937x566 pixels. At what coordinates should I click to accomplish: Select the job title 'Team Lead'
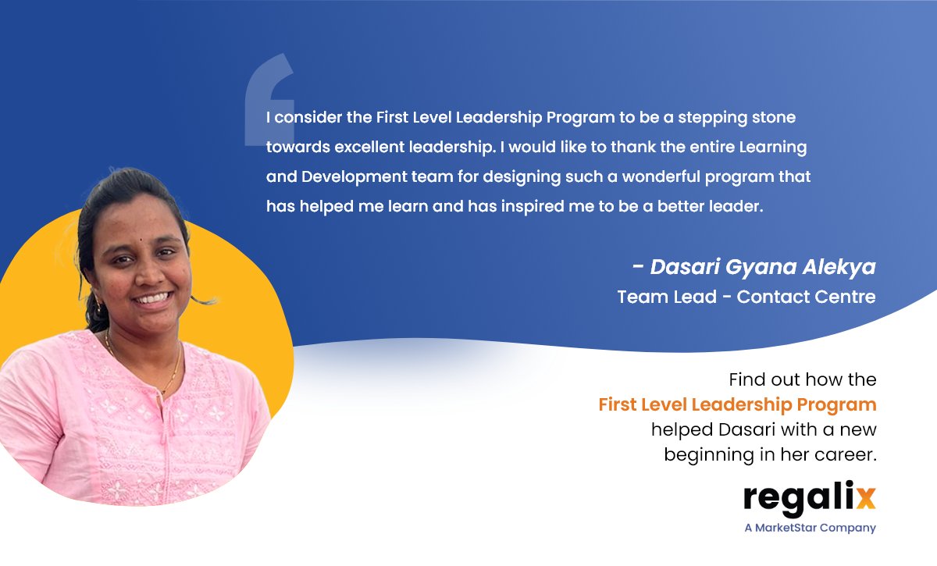click(x=650, y=297)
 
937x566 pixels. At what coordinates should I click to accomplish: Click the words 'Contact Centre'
click(x=806, y=297)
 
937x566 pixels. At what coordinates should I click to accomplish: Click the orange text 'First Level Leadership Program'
click(x=737, y=405)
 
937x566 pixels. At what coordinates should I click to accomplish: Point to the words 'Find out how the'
click(x=803, y=380)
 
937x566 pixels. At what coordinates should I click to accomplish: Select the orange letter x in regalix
click(x=865, y=497)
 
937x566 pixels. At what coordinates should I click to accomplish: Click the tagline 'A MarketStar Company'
click(x=810, y=528)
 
